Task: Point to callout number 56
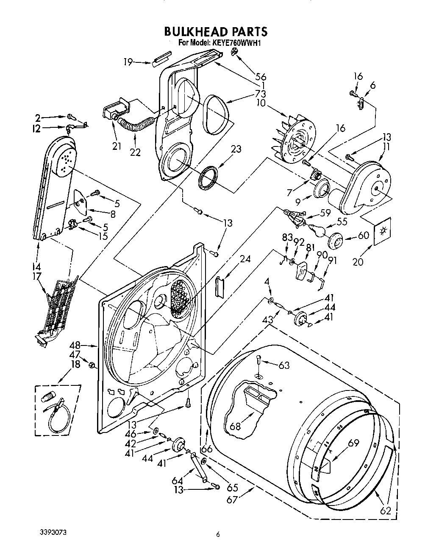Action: pos(261,76)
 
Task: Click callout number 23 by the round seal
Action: pos(236,149)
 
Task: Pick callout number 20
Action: pos(358,262)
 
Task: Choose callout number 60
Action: pos(364,235)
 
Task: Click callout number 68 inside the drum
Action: pos(235,426)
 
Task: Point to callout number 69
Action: pos(353,444)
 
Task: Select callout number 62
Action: pos(385,511)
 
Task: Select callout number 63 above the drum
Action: pos(284,365)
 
